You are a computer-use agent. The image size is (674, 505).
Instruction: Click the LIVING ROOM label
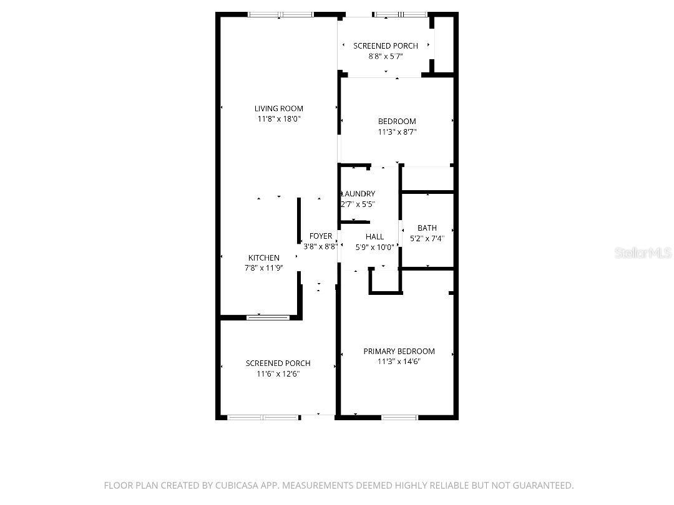pos(278,108)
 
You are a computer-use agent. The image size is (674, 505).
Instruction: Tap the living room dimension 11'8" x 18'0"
pos(278,119)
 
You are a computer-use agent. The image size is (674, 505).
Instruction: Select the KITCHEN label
pos(264,257)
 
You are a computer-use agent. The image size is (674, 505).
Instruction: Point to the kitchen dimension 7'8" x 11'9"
pos(264,268)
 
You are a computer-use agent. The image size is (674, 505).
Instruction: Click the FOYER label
pos(321,236)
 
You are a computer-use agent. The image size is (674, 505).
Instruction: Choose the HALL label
pos(375,237)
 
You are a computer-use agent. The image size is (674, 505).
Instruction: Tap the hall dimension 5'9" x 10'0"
pos(375,248)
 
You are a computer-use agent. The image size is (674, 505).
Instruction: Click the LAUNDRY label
pos(358,194)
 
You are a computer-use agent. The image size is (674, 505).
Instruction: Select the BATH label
pos(427,228)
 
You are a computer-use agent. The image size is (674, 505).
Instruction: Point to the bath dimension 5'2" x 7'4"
pos(427,238)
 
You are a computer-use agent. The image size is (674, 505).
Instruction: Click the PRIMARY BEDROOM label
pos(399,351)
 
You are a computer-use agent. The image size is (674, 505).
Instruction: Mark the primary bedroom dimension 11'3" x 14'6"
pos(399,362)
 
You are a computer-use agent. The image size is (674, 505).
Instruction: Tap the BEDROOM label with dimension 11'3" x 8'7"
pos(397,122)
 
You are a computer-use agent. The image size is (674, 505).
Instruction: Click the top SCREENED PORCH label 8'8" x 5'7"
pos(386,46)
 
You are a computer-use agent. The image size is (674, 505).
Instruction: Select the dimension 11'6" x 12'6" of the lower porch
pos(278,373)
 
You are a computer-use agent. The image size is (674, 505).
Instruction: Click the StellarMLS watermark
pos(643,252)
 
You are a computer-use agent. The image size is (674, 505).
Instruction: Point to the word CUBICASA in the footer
pos(238,486)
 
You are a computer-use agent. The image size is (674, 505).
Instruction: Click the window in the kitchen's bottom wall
pos(268,318)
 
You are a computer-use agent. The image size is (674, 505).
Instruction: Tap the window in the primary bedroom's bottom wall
pos(400,417)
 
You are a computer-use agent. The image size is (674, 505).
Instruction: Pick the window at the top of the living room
pos(281,14)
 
